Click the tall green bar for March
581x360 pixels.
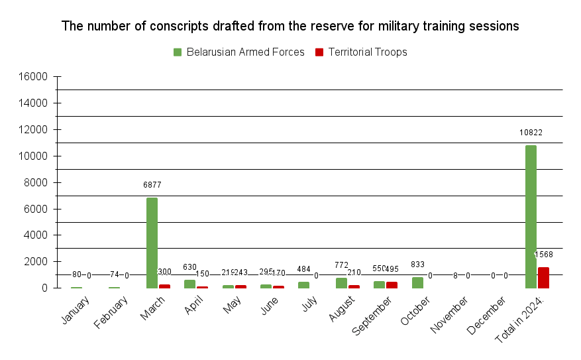click(x=152, y=243)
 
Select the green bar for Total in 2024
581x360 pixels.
click(x=531, y=217)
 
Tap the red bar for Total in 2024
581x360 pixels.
click(x=543, y=278)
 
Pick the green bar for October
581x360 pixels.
click(x=417, y=282)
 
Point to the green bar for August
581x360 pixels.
click(x=341, y=283)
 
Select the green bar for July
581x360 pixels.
click(x=303, y=285)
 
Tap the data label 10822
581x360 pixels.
click(x=531, y=133)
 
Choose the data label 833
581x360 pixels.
click(x=417, y=265)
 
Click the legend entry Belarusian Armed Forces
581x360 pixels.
click(x=238, y=52)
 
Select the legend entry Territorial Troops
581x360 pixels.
click(x=361, y=52)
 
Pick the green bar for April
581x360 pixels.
click(x=189, y=284)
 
